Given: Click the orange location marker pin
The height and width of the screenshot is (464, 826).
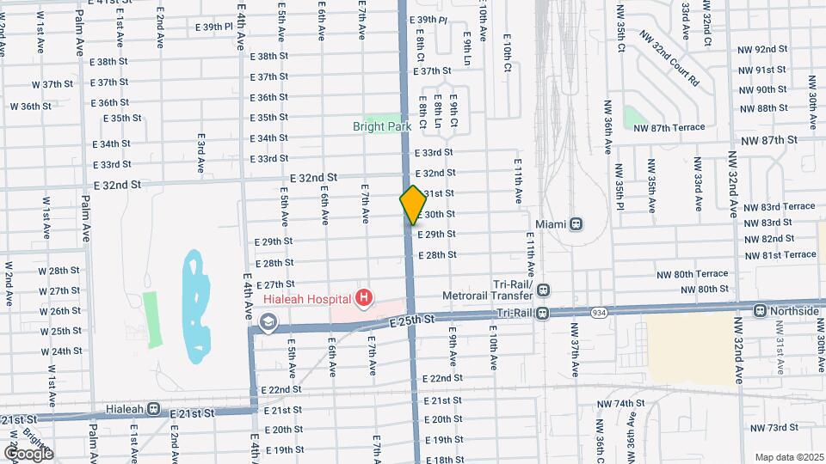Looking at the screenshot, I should [x=413, y=205].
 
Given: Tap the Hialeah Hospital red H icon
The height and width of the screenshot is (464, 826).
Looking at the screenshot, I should [x=365, y=298].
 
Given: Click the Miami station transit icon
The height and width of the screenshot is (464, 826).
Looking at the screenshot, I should [x=576, y=223].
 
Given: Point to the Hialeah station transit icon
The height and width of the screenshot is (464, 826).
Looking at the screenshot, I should [x=153, y=409].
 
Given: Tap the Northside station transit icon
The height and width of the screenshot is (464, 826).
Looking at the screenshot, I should [x=760, y=310].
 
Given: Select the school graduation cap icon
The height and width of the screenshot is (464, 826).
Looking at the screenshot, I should [x=268, y=322].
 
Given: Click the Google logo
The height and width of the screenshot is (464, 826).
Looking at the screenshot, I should [x=28, y=453].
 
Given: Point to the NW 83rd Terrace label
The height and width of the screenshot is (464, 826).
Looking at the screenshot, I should [x=780, y=207].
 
